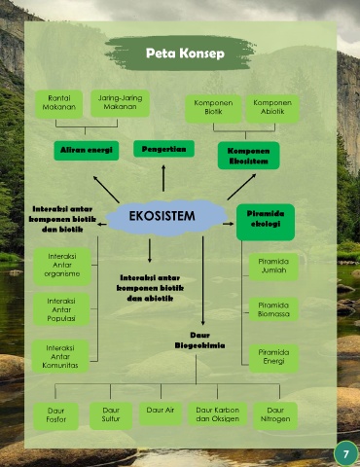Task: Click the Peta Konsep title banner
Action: coord(180,53)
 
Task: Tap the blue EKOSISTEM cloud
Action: coord(166,217)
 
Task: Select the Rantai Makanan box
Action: coord(58,103)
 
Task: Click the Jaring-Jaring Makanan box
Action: coord(120,103)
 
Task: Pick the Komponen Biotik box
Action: coord(213,108)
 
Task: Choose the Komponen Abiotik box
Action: coord(272,108)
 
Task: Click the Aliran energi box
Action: coord(87,150)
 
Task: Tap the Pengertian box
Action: coord(163,149)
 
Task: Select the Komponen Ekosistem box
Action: coord(248,156)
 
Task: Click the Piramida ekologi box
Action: coord(266,222)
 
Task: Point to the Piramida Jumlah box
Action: coord(273,267)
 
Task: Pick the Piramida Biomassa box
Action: coord(273,309)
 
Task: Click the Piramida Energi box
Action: coord(273,358)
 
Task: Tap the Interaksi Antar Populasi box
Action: coord(61,309)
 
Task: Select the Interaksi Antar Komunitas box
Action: coord(60,356)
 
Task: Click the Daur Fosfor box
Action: coord(55,415)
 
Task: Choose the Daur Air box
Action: coord(161,413)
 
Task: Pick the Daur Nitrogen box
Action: coord(275,415)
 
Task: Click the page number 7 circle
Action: coord(345,453)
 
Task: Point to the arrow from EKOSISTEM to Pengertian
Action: coord(163,178)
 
